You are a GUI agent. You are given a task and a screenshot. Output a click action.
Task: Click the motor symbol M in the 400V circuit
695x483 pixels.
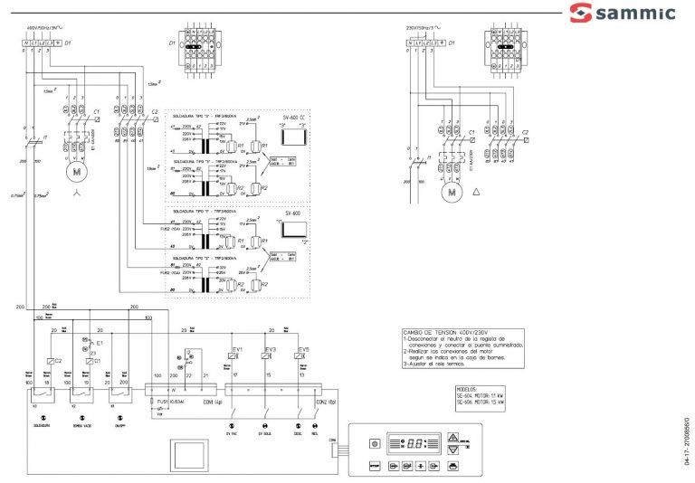tap(77, 169)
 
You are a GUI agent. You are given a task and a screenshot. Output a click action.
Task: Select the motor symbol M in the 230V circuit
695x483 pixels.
tap(450, 191)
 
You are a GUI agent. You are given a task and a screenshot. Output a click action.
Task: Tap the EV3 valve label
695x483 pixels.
tap(270, 348)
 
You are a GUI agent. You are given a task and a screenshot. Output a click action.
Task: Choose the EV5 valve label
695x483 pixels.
tap(303, 348)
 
